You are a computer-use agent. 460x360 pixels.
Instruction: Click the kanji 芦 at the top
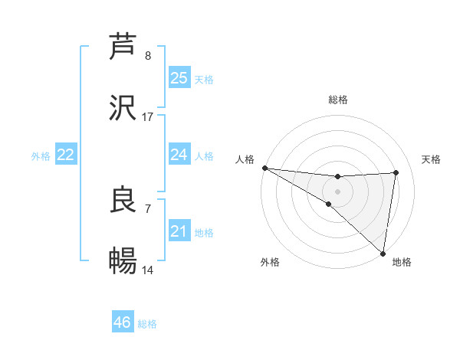pos(123,46)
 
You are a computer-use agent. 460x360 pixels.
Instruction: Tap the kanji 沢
pos(123,108)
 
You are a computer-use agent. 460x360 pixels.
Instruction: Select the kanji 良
pos(123,200)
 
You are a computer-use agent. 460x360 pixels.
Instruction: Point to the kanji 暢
pos(123,261)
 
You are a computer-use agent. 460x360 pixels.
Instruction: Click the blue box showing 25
pos(179,77)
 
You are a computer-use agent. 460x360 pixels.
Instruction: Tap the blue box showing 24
pos(179,155)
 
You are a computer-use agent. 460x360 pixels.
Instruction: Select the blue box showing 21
pos(179,231)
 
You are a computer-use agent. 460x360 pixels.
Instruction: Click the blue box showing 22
pos(66,155)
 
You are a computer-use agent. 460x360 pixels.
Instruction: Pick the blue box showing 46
pos(123,322)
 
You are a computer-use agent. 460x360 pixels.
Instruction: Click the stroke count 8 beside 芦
pos(148,56)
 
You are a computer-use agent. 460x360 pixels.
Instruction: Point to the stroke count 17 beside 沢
pos(148,117)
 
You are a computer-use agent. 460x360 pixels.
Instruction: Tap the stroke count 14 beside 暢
pos(148,270)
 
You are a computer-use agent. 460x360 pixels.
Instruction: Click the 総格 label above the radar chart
pos(338,100)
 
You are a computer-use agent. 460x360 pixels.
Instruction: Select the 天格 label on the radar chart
pos(432,159)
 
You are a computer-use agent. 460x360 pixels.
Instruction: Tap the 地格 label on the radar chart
pos(402,263)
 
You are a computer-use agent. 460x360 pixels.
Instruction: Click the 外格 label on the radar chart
pos(270,263)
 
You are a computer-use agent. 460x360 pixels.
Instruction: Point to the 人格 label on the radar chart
pos(245,159)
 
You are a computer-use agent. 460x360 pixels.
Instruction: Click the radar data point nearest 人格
pos(264,168)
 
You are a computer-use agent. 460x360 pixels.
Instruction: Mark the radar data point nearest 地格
pos(383,253)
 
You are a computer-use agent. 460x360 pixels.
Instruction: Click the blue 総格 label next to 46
pos(147,324)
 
